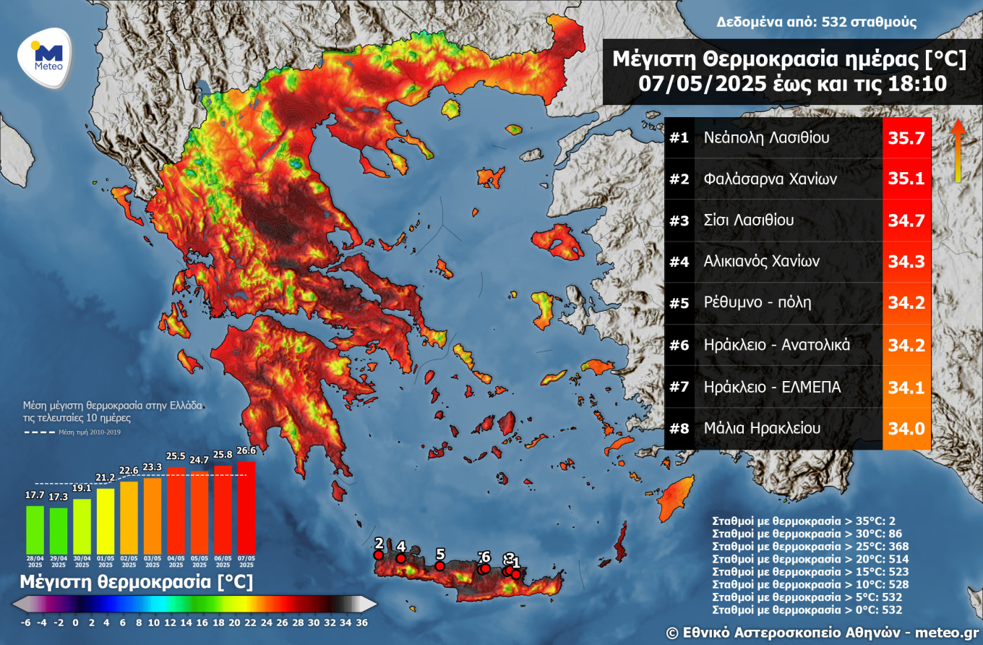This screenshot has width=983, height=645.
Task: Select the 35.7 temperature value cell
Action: tap(906, 137)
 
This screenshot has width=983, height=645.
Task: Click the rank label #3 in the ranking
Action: tap(679, 221)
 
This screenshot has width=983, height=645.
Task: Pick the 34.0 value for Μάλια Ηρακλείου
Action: tap(906, 429)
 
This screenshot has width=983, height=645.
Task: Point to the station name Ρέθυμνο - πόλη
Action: tap(757, 302)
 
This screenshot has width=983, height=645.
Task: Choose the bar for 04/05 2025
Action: tap(176, 511)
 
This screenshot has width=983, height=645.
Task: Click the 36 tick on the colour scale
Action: tap(362, 622)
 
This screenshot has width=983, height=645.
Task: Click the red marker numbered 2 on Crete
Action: tap(378, 555)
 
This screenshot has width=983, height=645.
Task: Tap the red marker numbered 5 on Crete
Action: tap(439, 565)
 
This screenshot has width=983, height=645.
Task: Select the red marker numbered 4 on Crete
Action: tap(401, 558)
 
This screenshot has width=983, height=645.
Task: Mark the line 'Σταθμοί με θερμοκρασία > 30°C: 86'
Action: tap(805, 534)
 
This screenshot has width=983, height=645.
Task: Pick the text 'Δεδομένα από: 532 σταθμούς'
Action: tap(817, 22)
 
